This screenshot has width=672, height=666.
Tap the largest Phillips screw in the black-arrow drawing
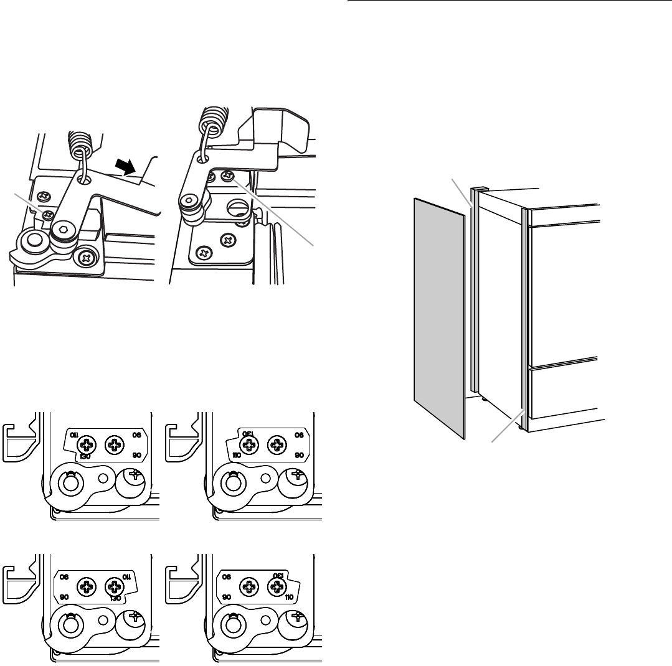(x=84, y=255)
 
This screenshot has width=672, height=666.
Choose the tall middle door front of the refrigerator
(x=564, y=293)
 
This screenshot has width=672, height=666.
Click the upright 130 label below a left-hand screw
(x=77, y=456)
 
